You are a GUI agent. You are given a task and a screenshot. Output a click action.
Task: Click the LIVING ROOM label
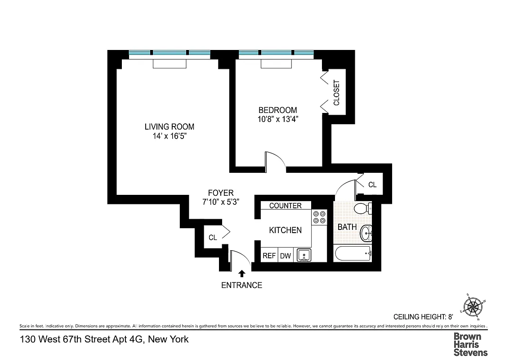pyautogui.click(x=169, y=126)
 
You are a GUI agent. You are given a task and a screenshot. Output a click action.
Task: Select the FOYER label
pyautogui.click(x=220, y=193)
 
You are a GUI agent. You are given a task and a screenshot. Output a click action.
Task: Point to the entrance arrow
pyautogui.click(x=242, y=273)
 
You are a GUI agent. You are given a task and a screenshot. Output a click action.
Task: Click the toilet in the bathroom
pyautogui.click(x=362, y=208)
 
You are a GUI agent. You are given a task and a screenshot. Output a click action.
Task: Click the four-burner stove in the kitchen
pyautogui.click(x=319, y=217)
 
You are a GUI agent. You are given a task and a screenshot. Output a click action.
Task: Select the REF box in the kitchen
pyautogui.click(x=269, y=256)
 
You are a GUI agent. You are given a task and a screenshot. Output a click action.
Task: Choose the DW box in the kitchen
pyautogui.click(x=286, y=256)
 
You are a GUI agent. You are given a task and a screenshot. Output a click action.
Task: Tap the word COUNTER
pyautogui.click(x=285, y=206)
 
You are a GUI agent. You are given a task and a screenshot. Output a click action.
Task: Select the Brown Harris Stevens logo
pyautogui.click(x=470, y=344)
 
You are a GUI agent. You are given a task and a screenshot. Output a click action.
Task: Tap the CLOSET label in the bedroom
pyautogui.click(x=336, y=93)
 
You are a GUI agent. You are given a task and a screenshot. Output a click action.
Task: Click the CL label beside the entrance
pyautogui.click(x=213, y=237)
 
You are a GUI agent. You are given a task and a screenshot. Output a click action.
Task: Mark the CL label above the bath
pyautogui.click(x=372, y=184)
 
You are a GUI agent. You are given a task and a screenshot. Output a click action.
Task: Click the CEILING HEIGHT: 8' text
pyautogui.click(x=426, y=316)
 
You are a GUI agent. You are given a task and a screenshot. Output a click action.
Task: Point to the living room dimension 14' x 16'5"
pyautogui.click(x=169, y=136)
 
